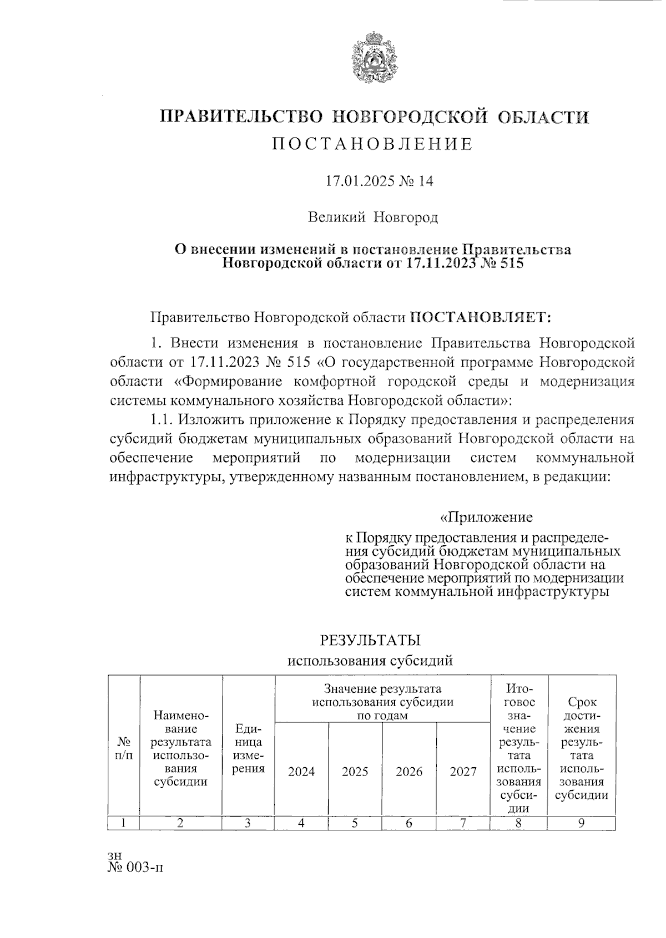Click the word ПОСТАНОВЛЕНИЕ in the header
pyautogui.click(x=372, y=145)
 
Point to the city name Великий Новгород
pyautogui.click(x=373, y=217)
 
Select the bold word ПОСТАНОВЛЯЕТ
pyautogui.click(x=481, y=317)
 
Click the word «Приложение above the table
pyautogui.click(x=486, y=517)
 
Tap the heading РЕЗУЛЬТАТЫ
pyautogui.click(x=370, y=640)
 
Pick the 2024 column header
pyautogui.click(x=301, y=772)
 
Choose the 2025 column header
pyautogui.click(x=355, y=772)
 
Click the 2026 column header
pyautogui.click(x=409, y=772)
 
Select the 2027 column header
pyautogui.click(x=463, y=772)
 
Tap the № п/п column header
pyautogui.click(x=124, y=748)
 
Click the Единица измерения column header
pyautogui.click(x=248, y=748)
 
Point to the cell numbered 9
pyautogui.click(x=581, y=823)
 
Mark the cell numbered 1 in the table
pyautogui.click(x=124, y=823)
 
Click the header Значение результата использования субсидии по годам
pyautogui.click(x=382, y=702)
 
